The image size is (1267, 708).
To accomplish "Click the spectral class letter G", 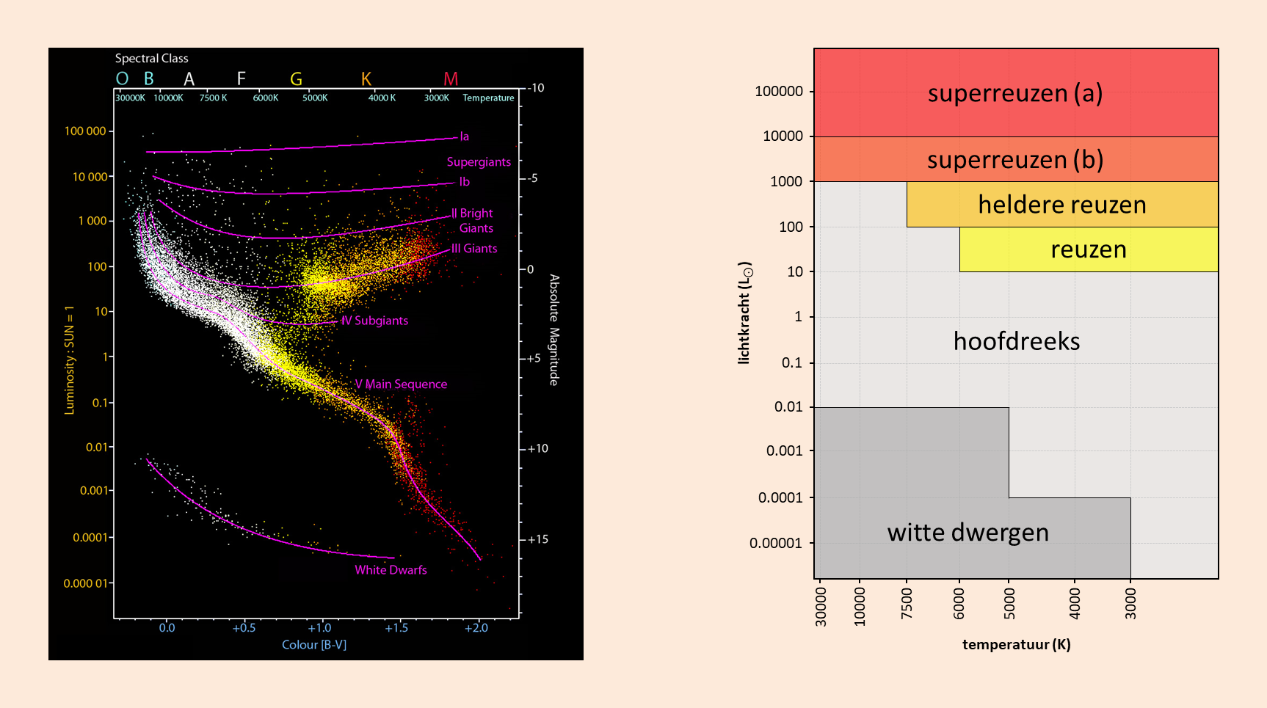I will pos(296,79).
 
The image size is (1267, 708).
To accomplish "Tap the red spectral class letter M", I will pos(451,79).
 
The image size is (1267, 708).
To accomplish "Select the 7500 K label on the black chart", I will pos(213,98).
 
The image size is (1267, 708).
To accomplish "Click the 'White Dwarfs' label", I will pos(391,570).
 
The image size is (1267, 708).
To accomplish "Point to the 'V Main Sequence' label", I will pos(401,384).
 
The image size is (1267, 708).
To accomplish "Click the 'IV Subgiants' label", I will pos(374,321).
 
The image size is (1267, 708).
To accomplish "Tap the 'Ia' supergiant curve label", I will pos(464,136).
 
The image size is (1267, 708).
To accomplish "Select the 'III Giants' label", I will pos(474,249).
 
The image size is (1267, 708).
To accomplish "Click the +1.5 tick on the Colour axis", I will pos(396,628).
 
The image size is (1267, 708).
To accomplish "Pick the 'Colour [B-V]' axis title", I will pos(314,645).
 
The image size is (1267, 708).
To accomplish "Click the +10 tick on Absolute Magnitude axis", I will pos(537,448).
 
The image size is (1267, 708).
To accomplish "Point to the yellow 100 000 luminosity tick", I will pos(85,131).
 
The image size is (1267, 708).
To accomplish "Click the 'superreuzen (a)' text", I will pos(1015,93).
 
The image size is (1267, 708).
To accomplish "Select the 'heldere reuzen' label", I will pos(1061,205).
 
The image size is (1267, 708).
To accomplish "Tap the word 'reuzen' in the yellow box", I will pos(1088,249).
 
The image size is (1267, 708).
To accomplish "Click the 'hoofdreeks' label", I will pos(1016,341).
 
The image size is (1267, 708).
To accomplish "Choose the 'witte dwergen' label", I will pos(968,532).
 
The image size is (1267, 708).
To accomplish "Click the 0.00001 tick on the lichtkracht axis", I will pos(775,543).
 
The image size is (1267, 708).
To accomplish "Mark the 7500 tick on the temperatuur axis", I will pos(907,603).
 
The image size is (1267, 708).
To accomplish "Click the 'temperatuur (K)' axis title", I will pos(1016,645).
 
